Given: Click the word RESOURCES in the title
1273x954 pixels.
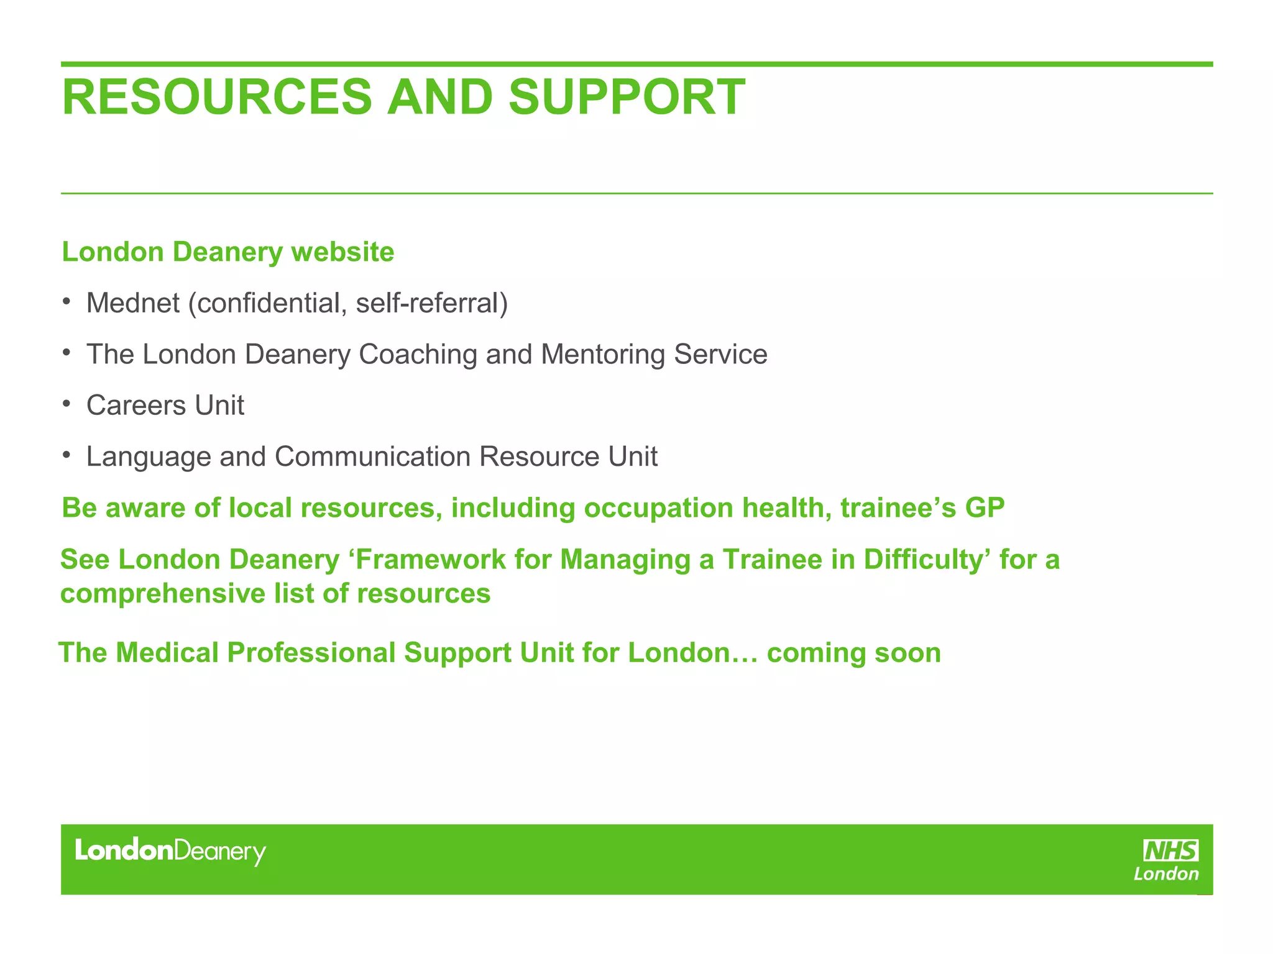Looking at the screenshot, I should coord(216,98).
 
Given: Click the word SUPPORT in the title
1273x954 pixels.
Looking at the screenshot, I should coord(627,98).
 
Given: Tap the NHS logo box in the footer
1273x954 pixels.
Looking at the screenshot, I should coord(1171,850).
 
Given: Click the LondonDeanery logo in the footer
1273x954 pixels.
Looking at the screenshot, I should coord(170,851).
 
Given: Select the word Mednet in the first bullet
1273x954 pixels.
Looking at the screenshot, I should coord(133,304).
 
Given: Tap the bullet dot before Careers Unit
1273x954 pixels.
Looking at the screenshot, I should coord(67,404).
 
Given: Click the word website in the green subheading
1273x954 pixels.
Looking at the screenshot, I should coord(342,252).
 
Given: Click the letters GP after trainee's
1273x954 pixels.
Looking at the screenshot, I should coord(985,508).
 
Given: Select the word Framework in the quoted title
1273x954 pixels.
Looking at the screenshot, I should coord(431,560).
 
